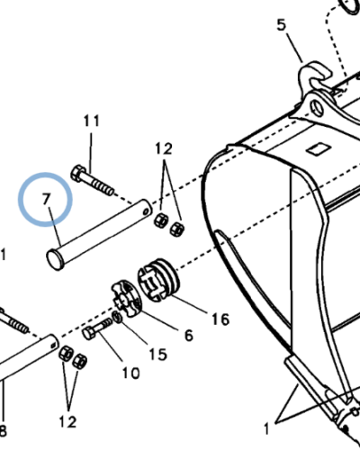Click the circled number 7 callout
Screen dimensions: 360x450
pos(46,199)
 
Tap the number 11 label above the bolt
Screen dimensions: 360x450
pos(92,121)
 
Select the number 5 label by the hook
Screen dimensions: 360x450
pos(282,25)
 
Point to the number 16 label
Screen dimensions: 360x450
pos(220,319)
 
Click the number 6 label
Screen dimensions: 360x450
pos(189,336)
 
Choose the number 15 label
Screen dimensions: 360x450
pos(158,355)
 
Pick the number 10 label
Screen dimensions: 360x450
pos(131,373)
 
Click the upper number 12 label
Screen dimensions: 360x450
pos(164,148)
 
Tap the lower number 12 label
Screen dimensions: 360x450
pos(67,422)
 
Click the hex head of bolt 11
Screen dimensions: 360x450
pos(78,173)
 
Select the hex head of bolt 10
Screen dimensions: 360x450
pos(89,333)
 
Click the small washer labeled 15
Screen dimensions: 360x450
pos(117,317)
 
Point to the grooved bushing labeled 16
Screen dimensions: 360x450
pos(158,280)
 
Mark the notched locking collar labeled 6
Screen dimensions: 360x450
pos(127,298)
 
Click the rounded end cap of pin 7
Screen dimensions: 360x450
pos(56,259)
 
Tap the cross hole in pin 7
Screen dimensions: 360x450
pos(147,212)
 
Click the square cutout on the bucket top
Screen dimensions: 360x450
pos(319,149)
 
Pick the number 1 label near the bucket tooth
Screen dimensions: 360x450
pos(266,429)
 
